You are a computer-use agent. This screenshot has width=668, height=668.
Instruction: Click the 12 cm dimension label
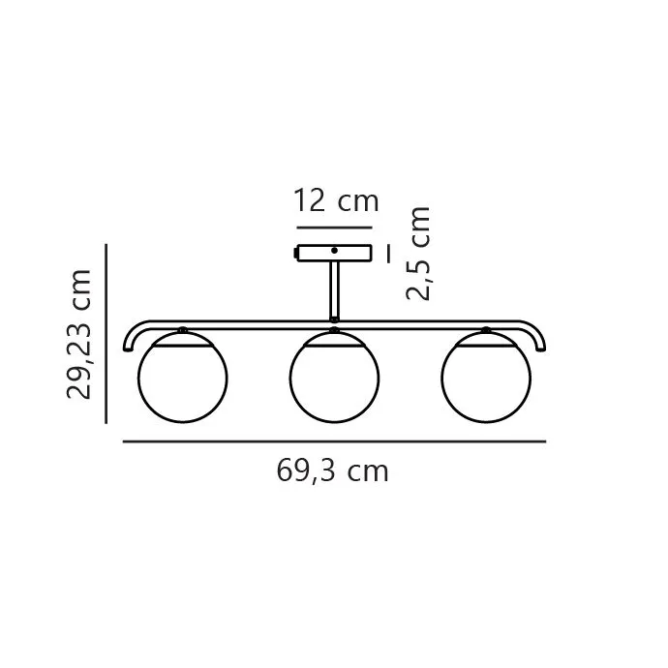pyautogui.click(x=336, y=201)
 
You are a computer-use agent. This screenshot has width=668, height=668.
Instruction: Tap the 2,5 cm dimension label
pyautogui.click(x=418, y=254)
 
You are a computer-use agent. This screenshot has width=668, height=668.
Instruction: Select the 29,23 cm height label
pyautogui.click(x=78, y=334)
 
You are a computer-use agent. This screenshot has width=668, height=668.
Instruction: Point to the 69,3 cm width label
pyautogui.click(x=333, y=471)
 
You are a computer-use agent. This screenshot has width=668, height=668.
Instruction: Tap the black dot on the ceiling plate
pyautogui.click(x=334, y=251)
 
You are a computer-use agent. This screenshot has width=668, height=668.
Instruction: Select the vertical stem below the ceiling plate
pyautogui.click(x=334, y=291)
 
